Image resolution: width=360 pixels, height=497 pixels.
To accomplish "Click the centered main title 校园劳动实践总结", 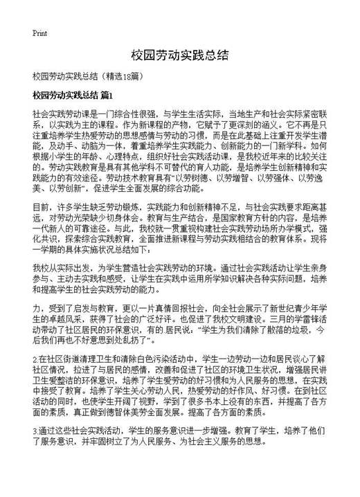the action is pos(179,54).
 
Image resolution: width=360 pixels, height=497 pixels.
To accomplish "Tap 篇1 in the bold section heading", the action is pos(106,93).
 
